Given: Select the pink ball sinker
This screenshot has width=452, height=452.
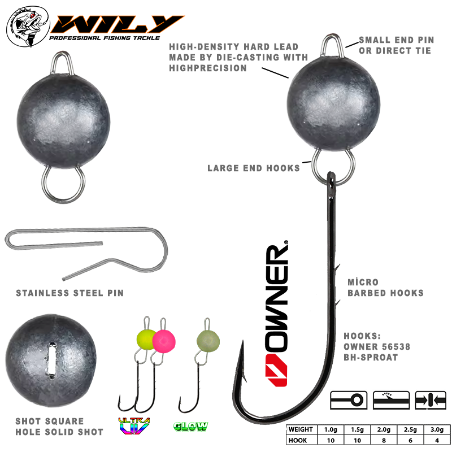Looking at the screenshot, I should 164,341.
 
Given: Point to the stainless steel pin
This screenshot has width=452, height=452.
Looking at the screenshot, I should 85,249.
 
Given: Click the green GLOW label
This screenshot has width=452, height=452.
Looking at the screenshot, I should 191,427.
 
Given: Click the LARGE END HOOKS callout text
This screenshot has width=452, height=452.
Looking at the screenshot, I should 254,168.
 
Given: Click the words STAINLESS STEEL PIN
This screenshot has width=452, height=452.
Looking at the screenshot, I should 69,293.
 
